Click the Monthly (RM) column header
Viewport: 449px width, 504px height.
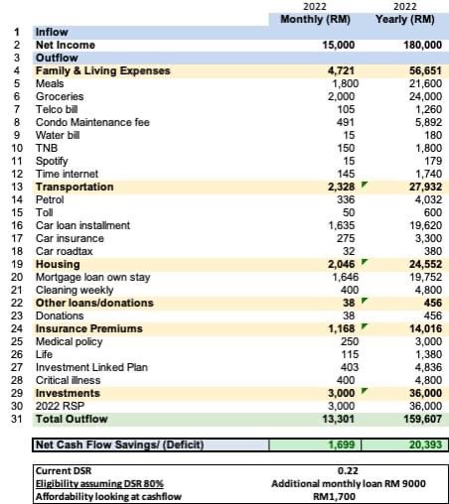point(315,19)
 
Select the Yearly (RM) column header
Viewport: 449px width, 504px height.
point(404,19)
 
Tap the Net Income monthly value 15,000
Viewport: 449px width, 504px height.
point(338,45)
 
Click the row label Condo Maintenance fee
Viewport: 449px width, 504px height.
point(92,122)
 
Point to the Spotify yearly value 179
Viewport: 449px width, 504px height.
point(433,161)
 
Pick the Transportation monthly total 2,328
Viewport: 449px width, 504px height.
point(341,187)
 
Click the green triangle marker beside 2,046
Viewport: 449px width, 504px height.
point(365,262)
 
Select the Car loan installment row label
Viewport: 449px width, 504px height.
point(82,225)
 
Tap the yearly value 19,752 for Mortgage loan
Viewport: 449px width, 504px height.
point(425,277)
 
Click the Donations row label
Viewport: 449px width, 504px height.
point(60,315)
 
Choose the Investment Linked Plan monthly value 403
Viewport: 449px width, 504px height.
point(350,367)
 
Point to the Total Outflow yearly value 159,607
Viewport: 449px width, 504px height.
point(422,419)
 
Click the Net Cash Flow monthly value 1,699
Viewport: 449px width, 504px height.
point(341,444)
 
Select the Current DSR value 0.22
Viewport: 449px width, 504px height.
point(348,470)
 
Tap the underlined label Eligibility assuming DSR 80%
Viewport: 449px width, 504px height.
point(99,484)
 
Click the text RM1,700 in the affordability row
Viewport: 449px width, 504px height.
point(334,496)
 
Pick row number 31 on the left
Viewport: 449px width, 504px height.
point(17,419)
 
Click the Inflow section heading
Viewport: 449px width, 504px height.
point(52,32)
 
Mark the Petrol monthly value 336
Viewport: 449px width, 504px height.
point(346,199)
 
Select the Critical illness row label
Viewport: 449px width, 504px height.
point(68,380)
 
